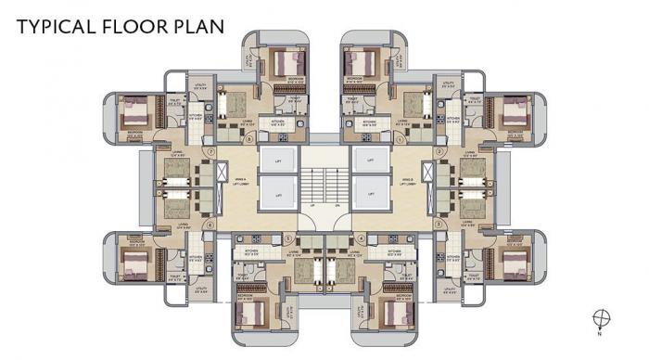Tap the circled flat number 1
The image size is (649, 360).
[x=400, y=139]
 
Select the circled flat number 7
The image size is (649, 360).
[x=211, y=150]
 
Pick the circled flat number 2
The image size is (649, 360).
[x=438, y=150]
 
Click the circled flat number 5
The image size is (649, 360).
[x=288, y=238]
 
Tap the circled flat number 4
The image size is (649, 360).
[x=361, y=238]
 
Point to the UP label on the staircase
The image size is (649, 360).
[x=312, y=205]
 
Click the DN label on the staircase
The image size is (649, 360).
[x=337, y=205]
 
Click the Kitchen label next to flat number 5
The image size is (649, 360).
[x=250, y=251]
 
